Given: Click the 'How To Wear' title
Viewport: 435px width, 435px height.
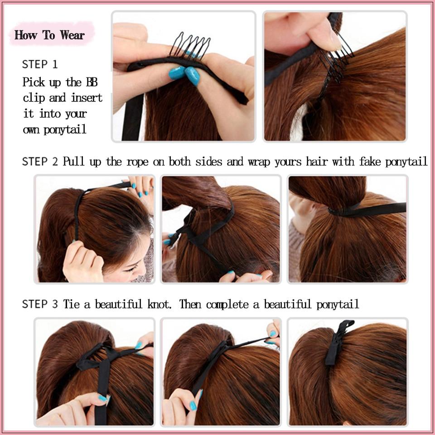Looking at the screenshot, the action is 49,35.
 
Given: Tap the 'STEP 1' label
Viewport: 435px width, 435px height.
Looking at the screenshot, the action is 40,64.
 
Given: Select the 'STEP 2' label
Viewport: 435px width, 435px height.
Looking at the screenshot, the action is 40,161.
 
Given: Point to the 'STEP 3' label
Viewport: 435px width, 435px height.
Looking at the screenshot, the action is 40,304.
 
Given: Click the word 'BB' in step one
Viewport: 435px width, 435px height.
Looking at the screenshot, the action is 92,82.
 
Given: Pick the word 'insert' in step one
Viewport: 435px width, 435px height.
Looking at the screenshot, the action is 87,98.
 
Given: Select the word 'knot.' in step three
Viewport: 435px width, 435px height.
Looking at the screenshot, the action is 159,304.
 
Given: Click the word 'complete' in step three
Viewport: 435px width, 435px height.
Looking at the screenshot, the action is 227,304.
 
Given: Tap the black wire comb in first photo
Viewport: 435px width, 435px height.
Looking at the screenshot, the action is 190,45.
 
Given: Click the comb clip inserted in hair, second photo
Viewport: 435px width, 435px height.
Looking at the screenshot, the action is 336,63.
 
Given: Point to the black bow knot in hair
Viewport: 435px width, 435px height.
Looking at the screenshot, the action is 94,358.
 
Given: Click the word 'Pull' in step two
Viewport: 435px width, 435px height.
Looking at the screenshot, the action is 73,161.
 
